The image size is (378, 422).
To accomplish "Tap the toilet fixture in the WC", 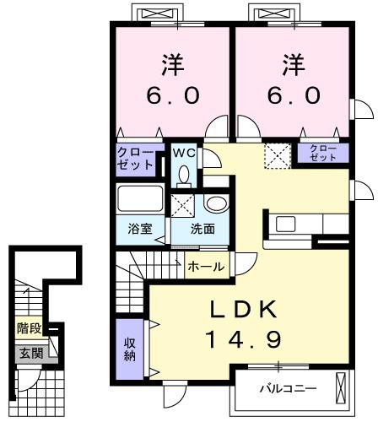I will click(x=184, y=173).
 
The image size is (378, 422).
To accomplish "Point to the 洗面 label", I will click(x=202, y=229).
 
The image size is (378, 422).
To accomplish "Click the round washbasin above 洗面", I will click(x=216, y=204).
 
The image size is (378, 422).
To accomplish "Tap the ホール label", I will click(x=206, y=267).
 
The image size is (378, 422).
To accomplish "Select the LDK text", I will click(x=244, y=310).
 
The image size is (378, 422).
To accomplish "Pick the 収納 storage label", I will click(x=131, y=349).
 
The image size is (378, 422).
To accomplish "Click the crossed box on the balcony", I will click(x=340, y=389).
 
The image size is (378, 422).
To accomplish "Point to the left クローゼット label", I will click(x=135, y=158).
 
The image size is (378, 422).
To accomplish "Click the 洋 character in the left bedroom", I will click(x=174, y=63).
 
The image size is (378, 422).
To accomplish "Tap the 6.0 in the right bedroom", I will click(x=294, y=95).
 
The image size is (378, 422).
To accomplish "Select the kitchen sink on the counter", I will click(x=284, y=224).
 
